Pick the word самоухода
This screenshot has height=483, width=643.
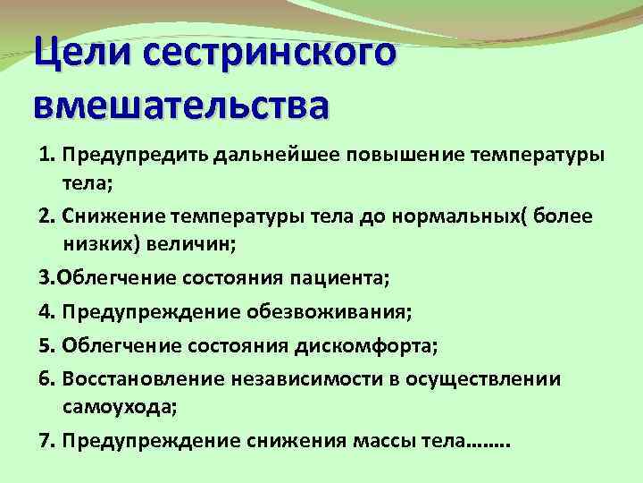coord(120,408)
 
